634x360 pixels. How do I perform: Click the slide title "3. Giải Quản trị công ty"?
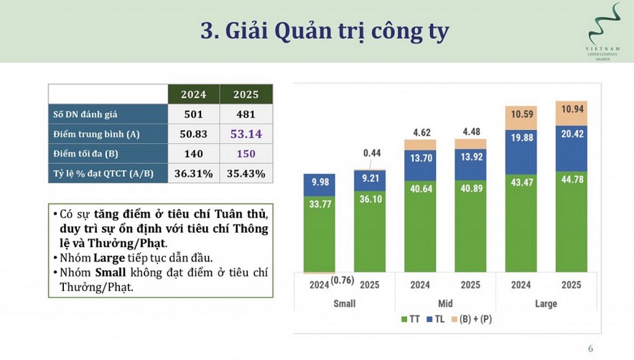325,31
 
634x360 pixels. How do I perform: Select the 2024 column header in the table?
193,94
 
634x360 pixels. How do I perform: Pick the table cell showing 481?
246,114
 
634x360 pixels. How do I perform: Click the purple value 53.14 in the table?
246,134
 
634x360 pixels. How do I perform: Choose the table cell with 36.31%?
193,173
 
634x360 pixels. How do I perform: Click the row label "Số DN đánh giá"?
85,114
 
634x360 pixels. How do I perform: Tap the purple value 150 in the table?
246,154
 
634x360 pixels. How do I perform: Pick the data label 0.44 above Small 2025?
371,153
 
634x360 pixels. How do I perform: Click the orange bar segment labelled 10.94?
572,109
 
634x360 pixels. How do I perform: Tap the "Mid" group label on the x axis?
445,303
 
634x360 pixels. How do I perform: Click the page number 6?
591,349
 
